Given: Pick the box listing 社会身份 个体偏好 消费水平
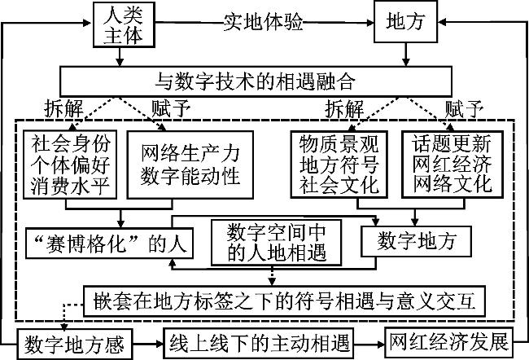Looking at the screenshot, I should pos(74,164).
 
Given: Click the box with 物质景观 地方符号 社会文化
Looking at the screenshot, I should pos(341,164).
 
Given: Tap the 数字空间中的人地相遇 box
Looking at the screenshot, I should pos(269,241).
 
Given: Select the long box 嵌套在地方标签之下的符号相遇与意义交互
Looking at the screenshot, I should pos(286,301).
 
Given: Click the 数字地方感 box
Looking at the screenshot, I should pos(74,343).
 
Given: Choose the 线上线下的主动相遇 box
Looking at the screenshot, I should pos(260,343).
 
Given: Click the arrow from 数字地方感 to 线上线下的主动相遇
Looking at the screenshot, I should pos(147,343).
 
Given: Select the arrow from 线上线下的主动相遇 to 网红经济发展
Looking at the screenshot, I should pos(371,343).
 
